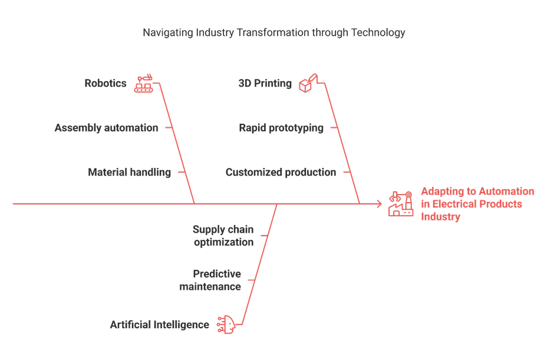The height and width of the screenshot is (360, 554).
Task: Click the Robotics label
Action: point(105,83)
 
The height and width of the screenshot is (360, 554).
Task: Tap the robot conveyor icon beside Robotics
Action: point(143,84)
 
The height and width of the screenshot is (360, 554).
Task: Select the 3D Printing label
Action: point(265,83)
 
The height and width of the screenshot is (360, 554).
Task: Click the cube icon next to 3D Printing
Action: point(308,84)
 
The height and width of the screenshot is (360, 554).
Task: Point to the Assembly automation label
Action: point(106,127)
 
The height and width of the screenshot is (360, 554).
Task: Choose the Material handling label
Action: point(129,172)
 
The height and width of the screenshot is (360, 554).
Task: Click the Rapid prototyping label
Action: point(281,127)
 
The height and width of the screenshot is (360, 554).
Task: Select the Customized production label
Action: point(281,172)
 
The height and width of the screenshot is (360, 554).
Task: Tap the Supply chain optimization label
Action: point(223,236)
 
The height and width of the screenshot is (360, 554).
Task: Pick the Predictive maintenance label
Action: point(210,280)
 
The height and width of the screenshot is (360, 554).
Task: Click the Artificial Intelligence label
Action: point(159,325)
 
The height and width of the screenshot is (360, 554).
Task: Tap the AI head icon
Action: point(226,325)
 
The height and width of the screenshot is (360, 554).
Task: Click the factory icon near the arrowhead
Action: point(401,204)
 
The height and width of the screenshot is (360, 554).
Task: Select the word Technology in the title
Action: point(378,32)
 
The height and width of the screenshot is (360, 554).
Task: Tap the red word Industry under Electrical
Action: point(441,217)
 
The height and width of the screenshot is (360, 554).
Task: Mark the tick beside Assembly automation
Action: point(169,127)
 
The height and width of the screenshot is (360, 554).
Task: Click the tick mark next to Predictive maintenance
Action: point(251,280)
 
